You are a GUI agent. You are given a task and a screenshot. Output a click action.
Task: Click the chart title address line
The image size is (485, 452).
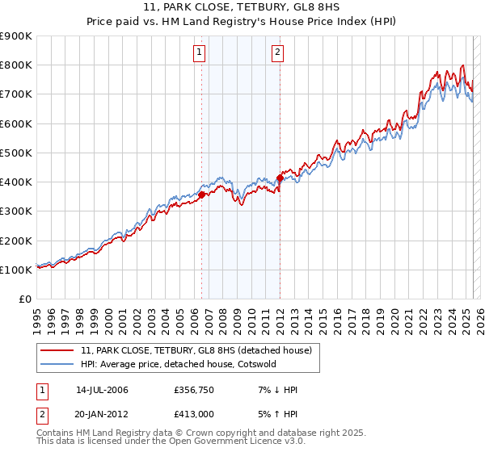(242, 8)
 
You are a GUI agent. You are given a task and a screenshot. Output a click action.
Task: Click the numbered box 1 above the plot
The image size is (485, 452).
(199, 53)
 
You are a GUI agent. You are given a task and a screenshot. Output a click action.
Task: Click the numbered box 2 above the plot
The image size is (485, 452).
(277, 53)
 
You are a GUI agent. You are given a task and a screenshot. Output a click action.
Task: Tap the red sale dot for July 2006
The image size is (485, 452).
(201, 194)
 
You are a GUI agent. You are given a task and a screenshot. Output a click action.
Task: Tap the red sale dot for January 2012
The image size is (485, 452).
(280, 178)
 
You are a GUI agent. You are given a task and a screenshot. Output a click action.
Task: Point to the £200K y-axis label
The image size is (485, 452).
(16, 241)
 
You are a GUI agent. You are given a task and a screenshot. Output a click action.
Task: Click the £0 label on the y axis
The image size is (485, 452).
(24, 299)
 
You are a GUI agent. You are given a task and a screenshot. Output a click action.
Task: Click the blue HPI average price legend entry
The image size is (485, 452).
(178, 364)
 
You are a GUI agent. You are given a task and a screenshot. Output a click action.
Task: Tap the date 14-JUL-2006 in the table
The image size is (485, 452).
(102, 390)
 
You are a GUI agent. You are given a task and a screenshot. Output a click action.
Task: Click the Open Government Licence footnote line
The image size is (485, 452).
(158, 443)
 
